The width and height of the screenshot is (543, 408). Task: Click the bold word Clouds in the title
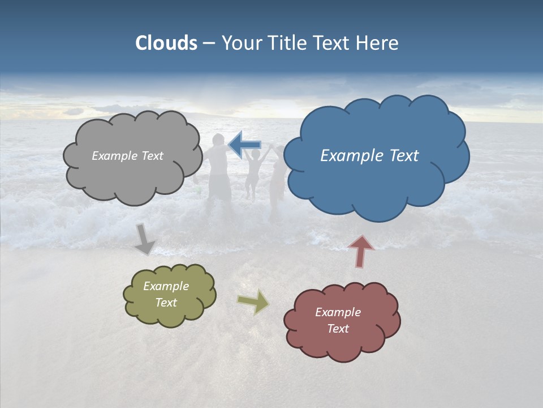tap(166, 43)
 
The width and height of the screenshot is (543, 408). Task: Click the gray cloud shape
tap(133, 170)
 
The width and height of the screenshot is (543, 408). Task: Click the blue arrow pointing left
tap(245, 145)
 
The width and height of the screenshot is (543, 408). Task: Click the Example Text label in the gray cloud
tap(127, 156)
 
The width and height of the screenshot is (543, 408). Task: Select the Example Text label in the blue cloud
tap(369, 156)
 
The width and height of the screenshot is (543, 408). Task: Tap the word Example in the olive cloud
tap(166, 286)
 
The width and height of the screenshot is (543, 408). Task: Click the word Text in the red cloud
tap(338, 329)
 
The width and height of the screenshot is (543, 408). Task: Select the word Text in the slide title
tap(335, 43)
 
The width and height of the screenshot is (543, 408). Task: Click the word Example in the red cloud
tap(338, 312)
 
